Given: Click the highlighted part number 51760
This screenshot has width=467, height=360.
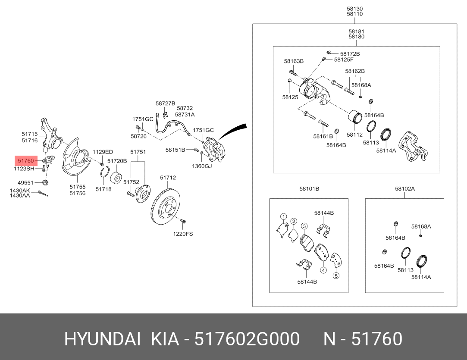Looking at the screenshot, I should tap(26, 161).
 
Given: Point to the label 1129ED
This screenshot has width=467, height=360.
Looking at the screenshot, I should tap(103, 152).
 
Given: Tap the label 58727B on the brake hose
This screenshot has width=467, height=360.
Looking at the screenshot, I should tap(165, 103).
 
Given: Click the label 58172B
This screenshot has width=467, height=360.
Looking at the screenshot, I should tap(349, 54).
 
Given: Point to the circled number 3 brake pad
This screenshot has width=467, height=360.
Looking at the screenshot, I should tap(304, 226).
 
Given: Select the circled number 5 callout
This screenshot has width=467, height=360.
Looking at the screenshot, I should tap(336, 276).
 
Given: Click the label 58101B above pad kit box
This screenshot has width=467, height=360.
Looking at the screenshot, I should tap(309, 189).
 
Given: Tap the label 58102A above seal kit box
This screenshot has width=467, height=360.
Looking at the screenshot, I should tap(404, 189).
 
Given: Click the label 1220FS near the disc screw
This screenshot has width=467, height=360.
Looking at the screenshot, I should tap(183, 234).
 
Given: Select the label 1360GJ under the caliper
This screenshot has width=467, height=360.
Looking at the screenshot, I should tap(202, 166).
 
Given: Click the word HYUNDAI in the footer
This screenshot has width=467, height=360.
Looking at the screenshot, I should tap(102, 339).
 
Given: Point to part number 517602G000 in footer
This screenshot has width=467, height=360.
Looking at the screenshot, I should tap(247, 339).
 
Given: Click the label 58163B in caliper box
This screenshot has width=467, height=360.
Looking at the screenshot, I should tap(294, 61).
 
